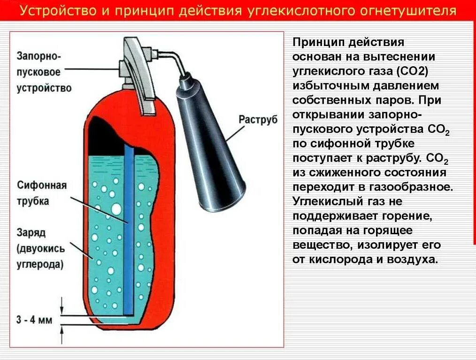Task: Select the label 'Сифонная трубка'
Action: [42, 192]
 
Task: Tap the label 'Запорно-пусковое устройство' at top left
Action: [44, 72]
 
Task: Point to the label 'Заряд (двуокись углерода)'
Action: [40, 248]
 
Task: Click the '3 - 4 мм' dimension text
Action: [34, 321]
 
